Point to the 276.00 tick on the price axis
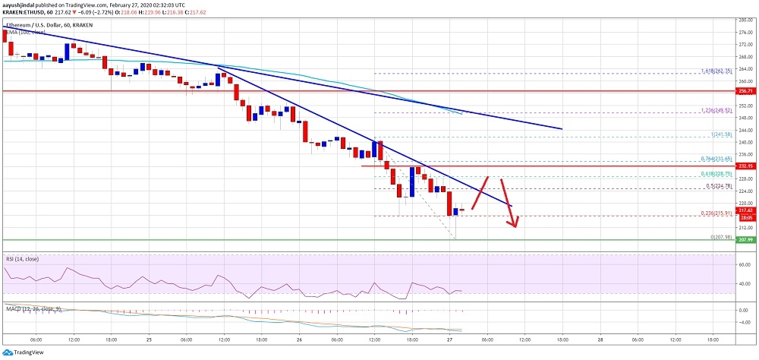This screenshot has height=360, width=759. (747, 32)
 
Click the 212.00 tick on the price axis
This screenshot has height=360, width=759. (747, 228)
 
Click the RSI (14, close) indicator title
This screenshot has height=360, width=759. (23, 260)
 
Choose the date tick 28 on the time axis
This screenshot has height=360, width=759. (599, 339)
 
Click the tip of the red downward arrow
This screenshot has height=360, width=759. (515, 227)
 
